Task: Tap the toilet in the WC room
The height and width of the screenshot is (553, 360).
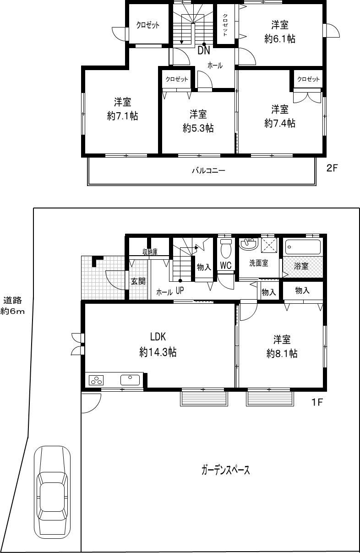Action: click(225, 250)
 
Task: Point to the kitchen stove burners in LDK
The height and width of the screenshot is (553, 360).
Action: click(96, 380)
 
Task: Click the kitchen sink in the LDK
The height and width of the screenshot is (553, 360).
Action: click(131, 379)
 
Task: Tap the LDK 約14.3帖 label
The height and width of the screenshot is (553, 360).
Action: click(158, 346)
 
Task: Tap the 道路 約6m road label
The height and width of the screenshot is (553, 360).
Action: click(13, 306)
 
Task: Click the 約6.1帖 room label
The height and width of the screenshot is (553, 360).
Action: click(279, 32)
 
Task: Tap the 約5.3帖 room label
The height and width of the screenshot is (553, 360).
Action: click(198, 121)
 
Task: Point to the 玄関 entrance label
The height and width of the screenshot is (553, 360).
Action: click(138, 281)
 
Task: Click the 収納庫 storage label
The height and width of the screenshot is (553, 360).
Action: click(150, 252)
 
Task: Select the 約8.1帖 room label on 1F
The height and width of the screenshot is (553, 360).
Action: click(282, 346)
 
